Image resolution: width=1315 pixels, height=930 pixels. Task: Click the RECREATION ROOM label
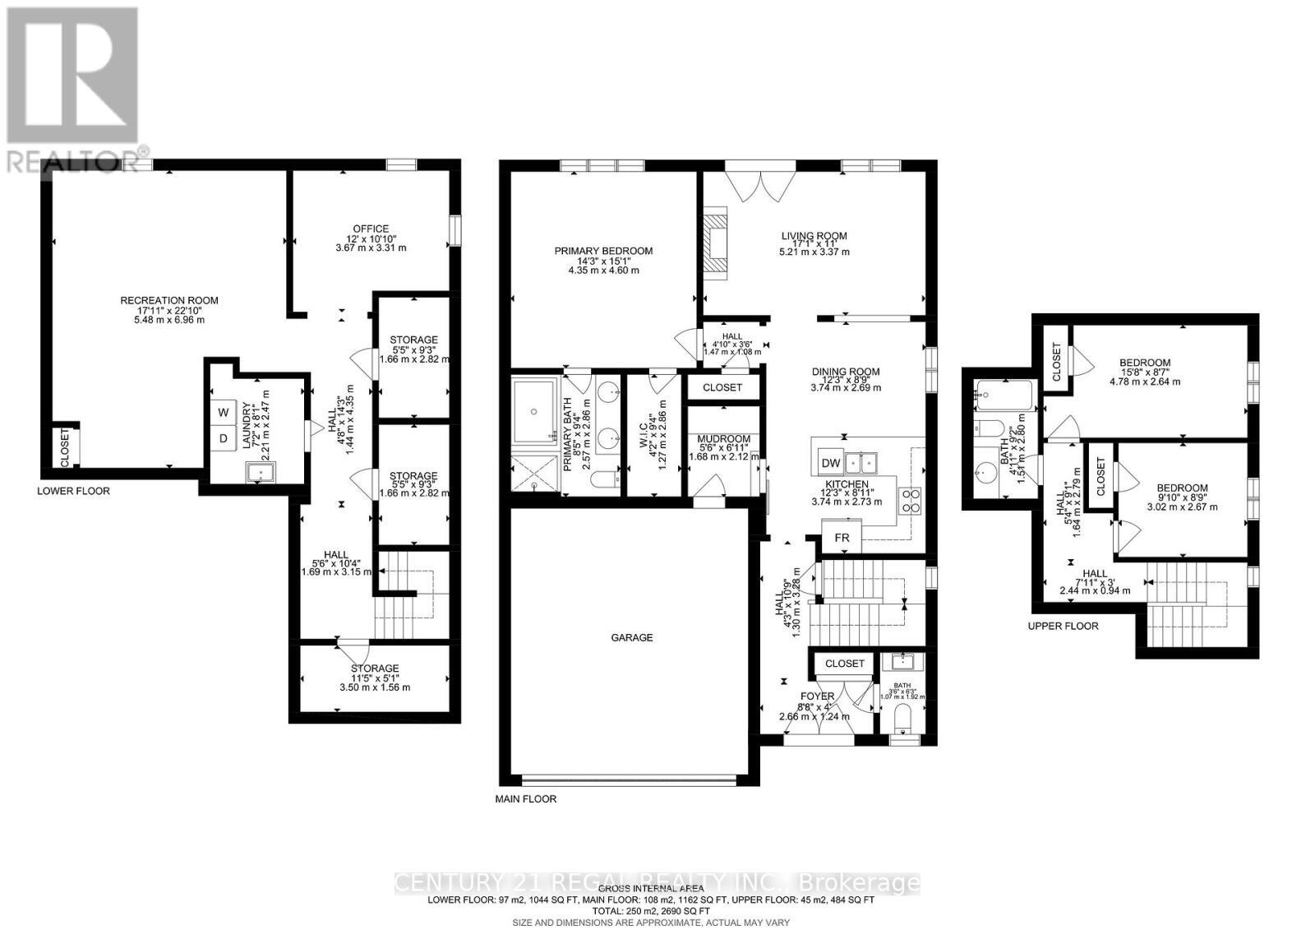169,300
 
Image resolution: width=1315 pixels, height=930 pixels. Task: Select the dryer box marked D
223,439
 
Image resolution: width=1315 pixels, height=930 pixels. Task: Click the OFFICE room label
371,229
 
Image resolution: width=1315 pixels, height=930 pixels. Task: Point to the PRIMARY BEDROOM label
603,251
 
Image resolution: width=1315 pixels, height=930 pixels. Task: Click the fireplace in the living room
717,239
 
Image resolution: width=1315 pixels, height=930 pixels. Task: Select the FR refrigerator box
842,539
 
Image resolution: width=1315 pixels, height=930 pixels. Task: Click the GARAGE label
631,637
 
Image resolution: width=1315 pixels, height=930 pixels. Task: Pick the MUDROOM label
718,439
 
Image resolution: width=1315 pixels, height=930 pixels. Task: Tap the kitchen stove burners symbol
911,501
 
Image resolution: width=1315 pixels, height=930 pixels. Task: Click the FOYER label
818,696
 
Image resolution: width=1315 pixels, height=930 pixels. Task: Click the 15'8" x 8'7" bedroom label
1145,363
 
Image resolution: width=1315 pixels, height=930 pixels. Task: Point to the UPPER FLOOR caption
1063,626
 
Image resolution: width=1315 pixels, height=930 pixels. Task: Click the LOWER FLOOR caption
73,491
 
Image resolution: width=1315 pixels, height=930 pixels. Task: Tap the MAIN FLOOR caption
525,798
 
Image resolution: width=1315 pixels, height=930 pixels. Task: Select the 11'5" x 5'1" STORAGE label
375,668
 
